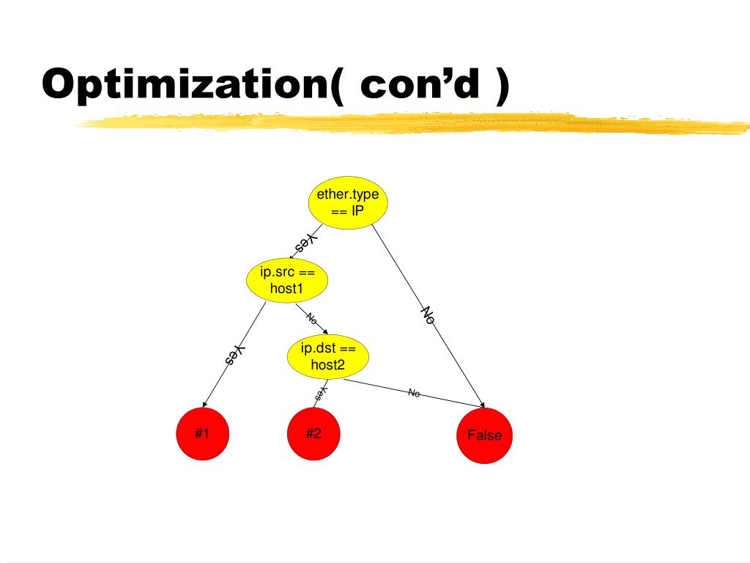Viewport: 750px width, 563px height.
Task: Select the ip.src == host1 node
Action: point(286,281)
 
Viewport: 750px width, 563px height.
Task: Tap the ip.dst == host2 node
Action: point(327,357)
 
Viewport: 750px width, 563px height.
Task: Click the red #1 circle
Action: point(202,434)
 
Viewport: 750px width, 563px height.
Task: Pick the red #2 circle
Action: point(313,434)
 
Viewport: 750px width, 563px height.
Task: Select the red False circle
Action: point(484,435)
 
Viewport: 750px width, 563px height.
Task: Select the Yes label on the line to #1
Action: point(234,355)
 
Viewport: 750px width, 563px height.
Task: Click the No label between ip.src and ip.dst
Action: point(311,318)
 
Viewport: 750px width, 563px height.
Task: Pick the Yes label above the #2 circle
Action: point(320,394)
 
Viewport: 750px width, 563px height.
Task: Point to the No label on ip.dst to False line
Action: point(414,393)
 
